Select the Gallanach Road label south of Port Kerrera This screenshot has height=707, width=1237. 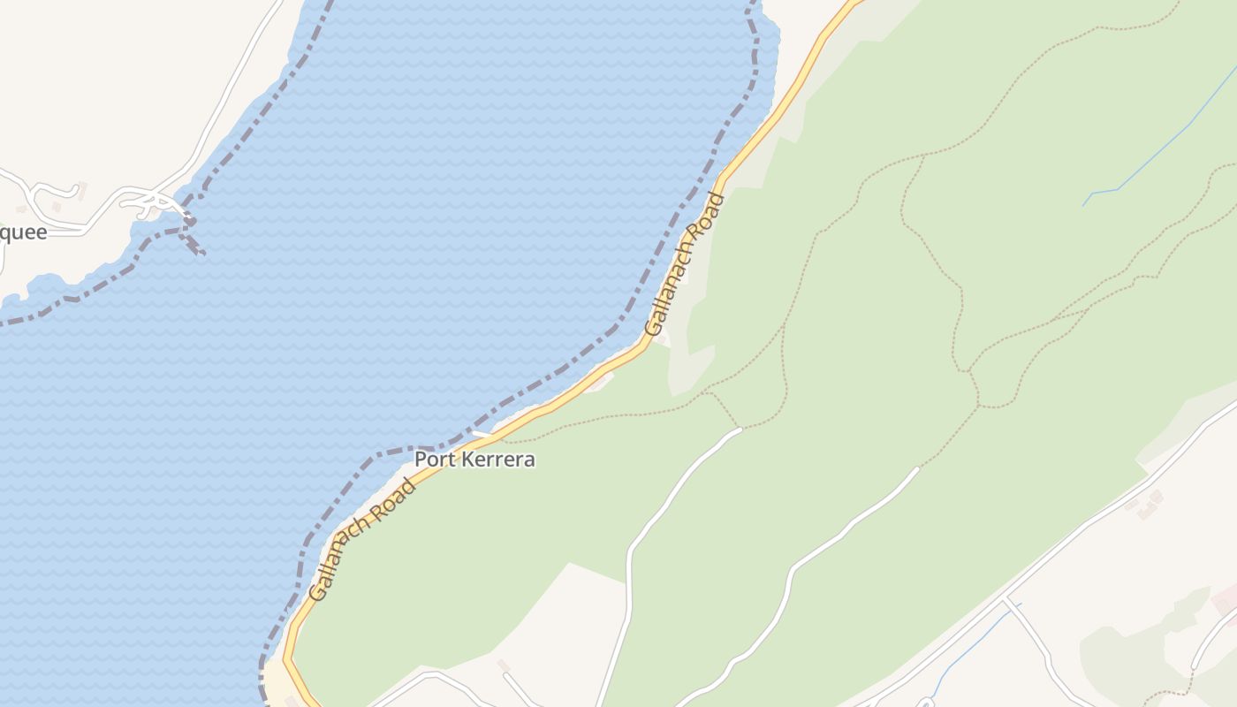point(362,540)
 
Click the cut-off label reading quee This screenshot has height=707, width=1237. point(23,232)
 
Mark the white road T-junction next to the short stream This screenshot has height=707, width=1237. point(1006,598)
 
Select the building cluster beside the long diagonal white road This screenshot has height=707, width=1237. point(1145,505)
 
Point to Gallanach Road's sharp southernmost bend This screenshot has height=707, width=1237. point(287,658)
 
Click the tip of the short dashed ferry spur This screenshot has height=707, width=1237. point(202,254)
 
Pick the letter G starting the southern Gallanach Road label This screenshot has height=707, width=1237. point(318,593)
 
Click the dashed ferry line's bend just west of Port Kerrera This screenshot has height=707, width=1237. point(380,454)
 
